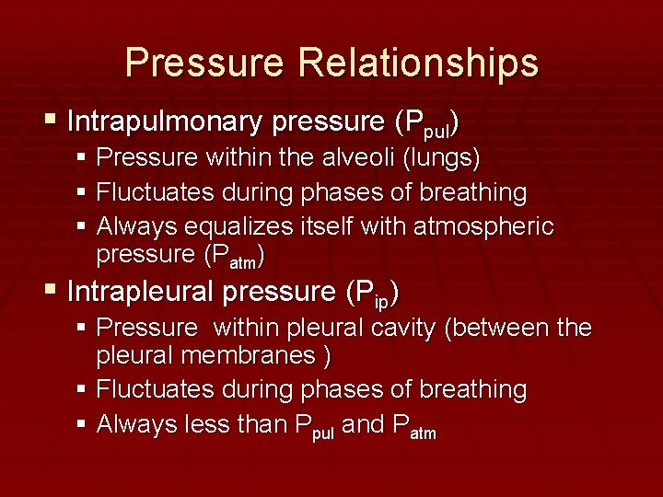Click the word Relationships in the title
point(417,64)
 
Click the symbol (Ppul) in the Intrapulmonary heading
point(425,122)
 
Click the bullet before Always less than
point(82,425)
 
